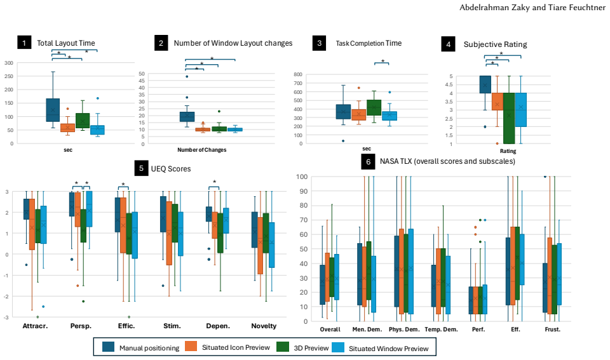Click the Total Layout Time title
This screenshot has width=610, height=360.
coord(65,43)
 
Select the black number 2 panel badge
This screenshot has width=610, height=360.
coord(161,43)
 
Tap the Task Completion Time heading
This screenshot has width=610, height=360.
coord(369,43)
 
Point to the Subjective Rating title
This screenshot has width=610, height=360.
coord(495,44)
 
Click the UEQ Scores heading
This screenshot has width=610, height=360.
coord(171,169)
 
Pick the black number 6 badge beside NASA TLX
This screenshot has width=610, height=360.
coord(369,162)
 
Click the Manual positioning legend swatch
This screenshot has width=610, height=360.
coord(108,347)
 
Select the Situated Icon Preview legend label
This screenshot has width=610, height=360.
coord(236,347)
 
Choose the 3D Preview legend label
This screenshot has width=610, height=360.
coord(311,348)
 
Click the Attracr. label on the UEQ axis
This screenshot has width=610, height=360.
coord(35,326)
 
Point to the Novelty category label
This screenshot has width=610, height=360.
coord(264,326)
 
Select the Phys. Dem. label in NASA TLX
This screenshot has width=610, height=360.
coord(404,330)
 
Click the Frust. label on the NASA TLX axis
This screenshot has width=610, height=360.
coord(552,330)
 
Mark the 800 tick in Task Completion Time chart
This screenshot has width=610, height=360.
coord(298,74)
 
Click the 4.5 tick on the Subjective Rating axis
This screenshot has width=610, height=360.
coord(449,84)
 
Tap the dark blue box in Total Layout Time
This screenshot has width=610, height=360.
coord(53,110)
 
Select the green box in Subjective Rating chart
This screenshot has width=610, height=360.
coord(508,118)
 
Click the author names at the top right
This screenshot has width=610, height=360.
coord(532,8)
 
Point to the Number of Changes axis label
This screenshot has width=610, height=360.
coord(202,150)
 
